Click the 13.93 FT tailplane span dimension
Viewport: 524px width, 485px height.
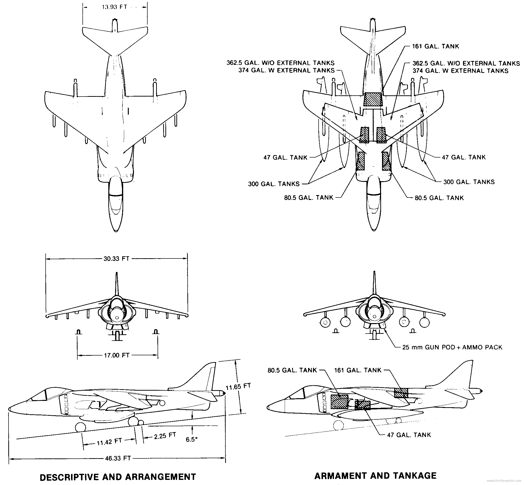(x=114, y=7)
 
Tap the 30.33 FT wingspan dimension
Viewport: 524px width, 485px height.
(x=116, y=258)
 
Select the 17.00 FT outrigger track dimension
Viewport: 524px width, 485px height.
(x=117, y=355)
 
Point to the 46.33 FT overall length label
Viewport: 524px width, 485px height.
(x=118, y=458)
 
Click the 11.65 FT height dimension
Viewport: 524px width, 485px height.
(x=238, y=386)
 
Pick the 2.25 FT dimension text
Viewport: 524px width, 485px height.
(x=165, y=436)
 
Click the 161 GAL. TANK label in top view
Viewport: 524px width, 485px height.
(x=435, y=47)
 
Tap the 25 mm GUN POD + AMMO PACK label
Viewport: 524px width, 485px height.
(x=452, y=347)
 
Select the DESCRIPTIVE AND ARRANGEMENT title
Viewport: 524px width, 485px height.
(x=118, y=477)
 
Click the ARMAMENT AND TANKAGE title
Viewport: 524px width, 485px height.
(x=375, y=475)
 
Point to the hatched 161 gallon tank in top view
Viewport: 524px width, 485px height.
(x=373, y=99)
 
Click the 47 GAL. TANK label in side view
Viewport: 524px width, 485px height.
(x=409, y=435)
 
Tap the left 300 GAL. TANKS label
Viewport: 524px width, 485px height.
(x=273, y=184)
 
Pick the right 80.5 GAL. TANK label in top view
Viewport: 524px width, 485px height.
(x=439, y=198)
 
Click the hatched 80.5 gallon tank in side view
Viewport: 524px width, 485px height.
(x=339, y=402)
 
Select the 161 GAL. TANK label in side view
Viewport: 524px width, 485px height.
(x=358, y=370)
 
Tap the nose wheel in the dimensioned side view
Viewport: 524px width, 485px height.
(x=80, y=427)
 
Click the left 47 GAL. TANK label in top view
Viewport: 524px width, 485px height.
(x=285, y=158)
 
